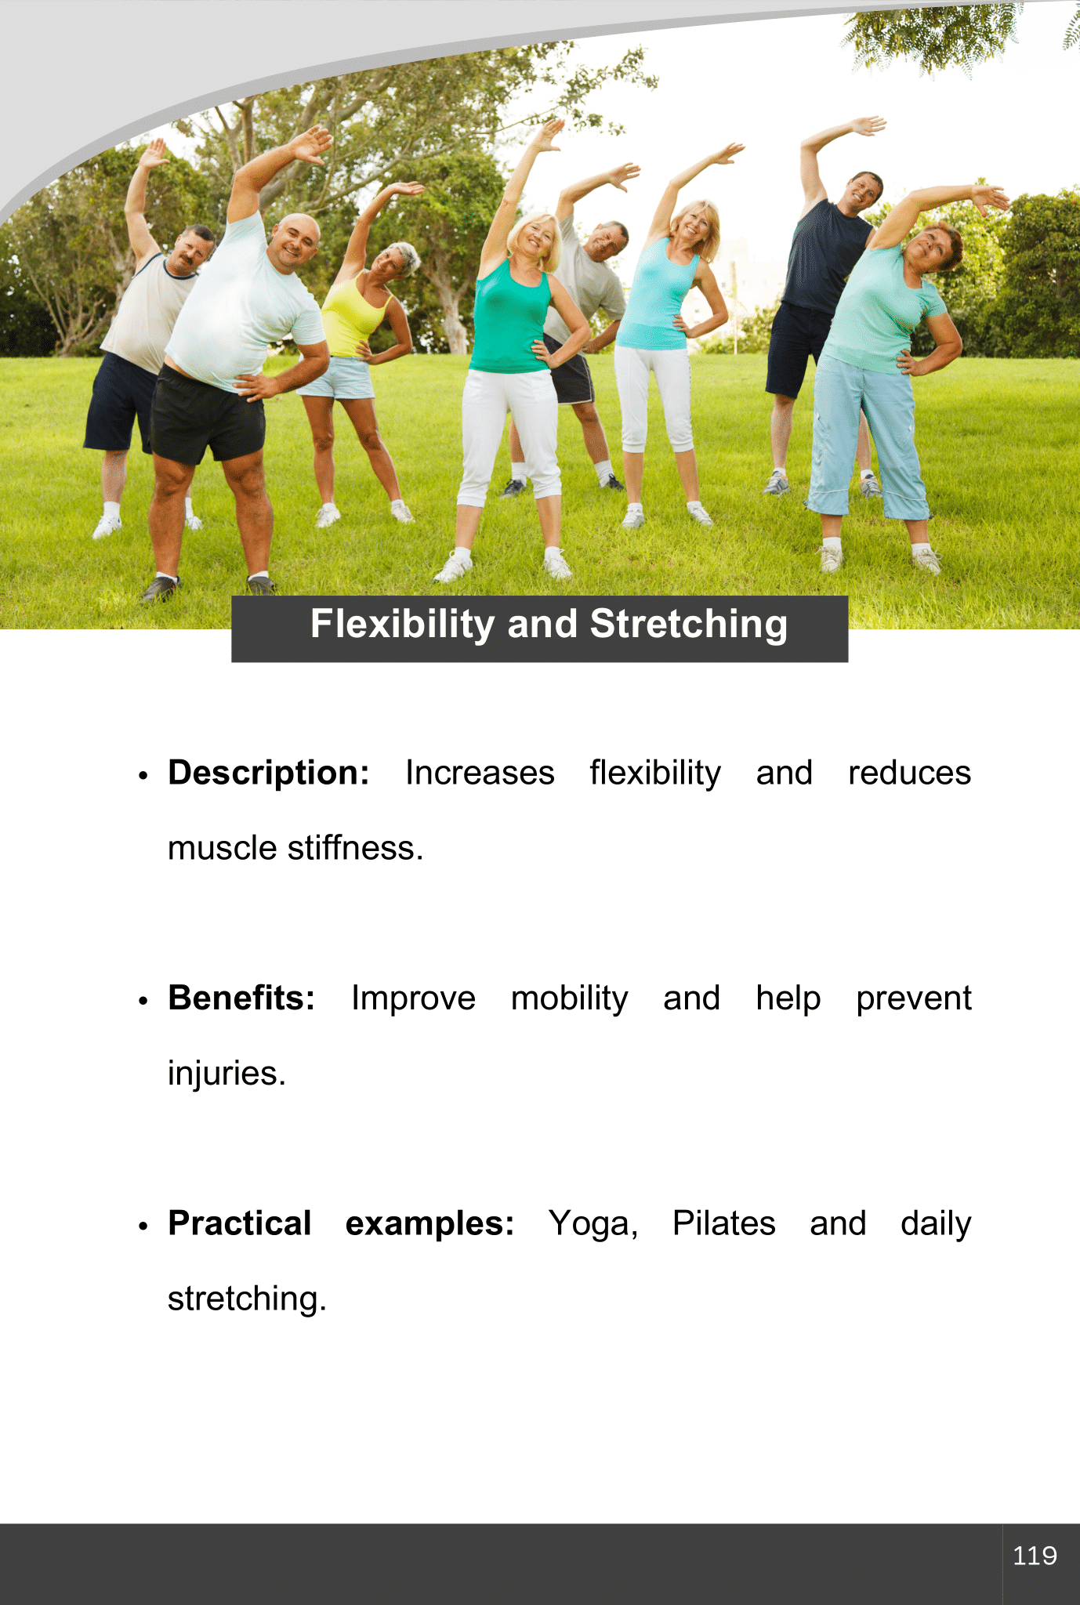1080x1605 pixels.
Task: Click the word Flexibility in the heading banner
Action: point(402,625)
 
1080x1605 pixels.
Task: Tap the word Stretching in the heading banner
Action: point(688,625)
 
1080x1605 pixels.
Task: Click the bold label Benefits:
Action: point(241,998)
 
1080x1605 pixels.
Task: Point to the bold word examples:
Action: point(429,1224)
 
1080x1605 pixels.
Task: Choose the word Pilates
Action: point(724,1223)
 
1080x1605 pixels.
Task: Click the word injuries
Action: point(227,1074)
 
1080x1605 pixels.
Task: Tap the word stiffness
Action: point(356,848)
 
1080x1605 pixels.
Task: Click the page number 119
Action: point(1035,1556)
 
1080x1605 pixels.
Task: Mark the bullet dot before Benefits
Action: point(143,1001)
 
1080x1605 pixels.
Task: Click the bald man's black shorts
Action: point(207,416)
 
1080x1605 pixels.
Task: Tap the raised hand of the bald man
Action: point(313,144)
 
